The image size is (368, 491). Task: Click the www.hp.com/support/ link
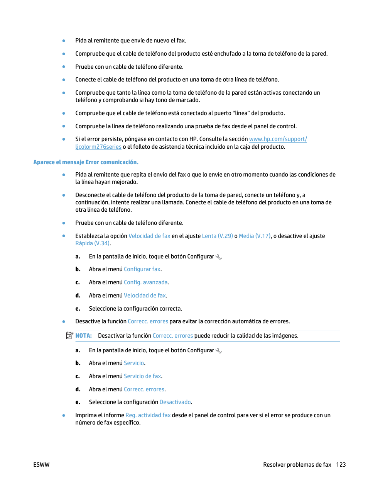coord(278,139)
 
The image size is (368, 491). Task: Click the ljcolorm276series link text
coord(98,147)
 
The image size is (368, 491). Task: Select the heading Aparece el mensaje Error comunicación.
coord(86,162)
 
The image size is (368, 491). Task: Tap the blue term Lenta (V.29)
coord(217,236)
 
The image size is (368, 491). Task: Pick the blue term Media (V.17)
coord(255,236)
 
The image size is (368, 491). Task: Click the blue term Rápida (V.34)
coord(93,243)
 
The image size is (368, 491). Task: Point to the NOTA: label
coord(83,336)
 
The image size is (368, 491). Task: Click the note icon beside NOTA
coord(69,336)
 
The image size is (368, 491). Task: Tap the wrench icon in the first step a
coord(218,257)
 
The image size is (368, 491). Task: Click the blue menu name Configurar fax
coord(142,269)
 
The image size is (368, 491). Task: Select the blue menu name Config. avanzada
coord(145,282)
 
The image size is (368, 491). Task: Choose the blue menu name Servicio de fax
coord(142,376)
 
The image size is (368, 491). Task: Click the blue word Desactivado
coord(175,402)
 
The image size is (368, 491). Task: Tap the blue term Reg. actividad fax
coord(148,415)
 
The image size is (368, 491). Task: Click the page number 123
coord(341,465)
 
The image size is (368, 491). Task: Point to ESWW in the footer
coord(41,465)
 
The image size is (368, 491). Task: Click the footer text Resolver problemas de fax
coord(297,465)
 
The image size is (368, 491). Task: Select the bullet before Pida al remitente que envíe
coord(64,41)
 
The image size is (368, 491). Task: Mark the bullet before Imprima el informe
coord(64,415)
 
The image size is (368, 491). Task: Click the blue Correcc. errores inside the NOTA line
coord(172,336)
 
